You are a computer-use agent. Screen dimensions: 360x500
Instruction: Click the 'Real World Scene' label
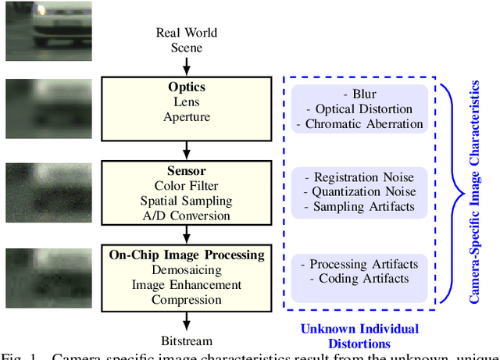point(186,40)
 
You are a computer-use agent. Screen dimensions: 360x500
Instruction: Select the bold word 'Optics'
point(186,87)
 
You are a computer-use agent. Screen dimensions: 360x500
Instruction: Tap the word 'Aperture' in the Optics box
point(186,116)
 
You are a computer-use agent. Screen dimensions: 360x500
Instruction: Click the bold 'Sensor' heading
point(186,171)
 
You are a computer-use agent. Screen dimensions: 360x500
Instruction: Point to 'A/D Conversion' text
point(186,216)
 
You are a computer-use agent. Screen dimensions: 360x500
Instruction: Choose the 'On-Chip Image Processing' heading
point(186,255)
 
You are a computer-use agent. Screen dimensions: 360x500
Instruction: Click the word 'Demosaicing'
point(186,270)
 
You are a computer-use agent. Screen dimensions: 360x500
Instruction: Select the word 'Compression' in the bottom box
point(186,300)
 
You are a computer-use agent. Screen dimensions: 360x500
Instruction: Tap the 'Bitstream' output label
point(186,340)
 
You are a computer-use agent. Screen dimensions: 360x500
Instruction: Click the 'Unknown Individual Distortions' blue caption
point(359,336)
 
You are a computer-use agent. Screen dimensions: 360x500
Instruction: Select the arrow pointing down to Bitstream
point(186,321)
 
